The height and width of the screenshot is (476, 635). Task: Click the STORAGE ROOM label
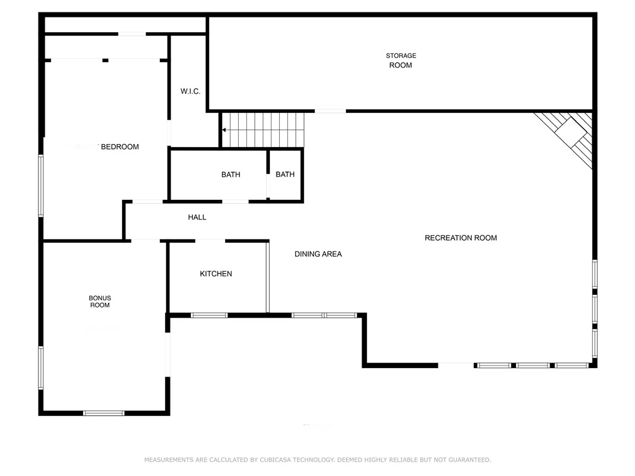point(401,60)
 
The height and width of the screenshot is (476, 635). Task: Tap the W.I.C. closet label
point(190,91)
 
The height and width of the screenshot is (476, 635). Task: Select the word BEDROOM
point(120,147)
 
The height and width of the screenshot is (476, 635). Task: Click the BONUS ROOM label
point(100,302)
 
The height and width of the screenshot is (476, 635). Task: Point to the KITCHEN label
point(216,274)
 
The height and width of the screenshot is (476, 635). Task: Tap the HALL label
point(197,217)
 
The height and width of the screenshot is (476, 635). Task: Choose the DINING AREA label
point(318,254)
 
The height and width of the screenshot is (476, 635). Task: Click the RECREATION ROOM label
point(461,238)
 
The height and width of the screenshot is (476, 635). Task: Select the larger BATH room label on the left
point(231,175)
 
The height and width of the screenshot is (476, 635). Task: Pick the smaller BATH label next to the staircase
point(285,175)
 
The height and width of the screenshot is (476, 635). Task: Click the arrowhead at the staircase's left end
point(224,130)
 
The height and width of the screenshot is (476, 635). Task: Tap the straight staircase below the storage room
point(264,130)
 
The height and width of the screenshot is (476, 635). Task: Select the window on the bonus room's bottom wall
point(104,413)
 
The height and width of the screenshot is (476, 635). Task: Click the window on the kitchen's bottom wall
point(209,315)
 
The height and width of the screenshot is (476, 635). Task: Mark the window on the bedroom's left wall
point(41,186)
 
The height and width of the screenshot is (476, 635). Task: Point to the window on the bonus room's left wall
point(41,367)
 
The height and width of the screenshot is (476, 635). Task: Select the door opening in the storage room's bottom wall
point(330,111)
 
